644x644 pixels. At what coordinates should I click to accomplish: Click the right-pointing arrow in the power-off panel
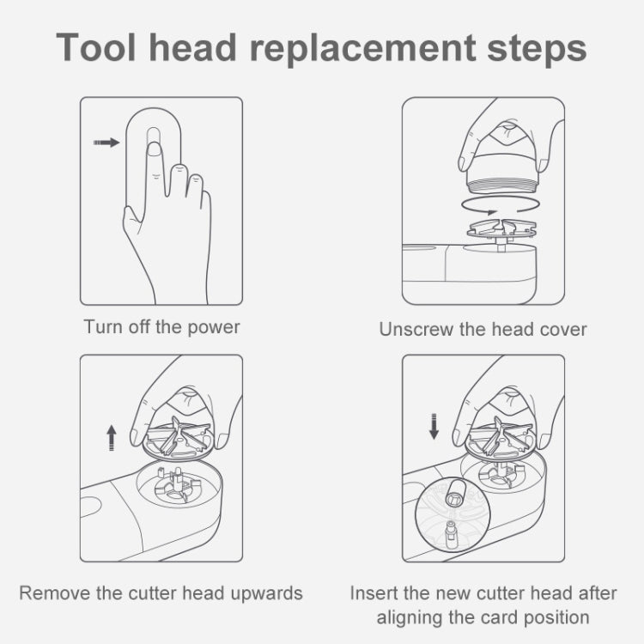point(106,143)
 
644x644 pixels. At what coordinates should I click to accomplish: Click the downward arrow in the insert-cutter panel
point(433,425)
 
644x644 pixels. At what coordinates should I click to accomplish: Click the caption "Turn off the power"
point(161,327)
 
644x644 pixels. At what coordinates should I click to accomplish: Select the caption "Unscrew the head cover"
point(483,329)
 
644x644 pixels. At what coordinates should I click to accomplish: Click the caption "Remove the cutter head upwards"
point(161,592)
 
